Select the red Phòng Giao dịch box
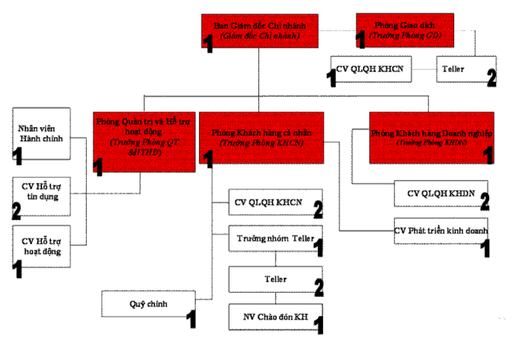pos(401,30)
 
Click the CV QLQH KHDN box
pos(441,194)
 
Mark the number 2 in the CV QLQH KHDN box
pos(484,199)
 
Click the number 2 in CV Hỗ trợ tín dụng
pos(16,210)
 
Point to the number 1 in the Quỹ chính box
pos(191,316)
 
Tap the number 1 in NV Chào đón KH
pos(318,326)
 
